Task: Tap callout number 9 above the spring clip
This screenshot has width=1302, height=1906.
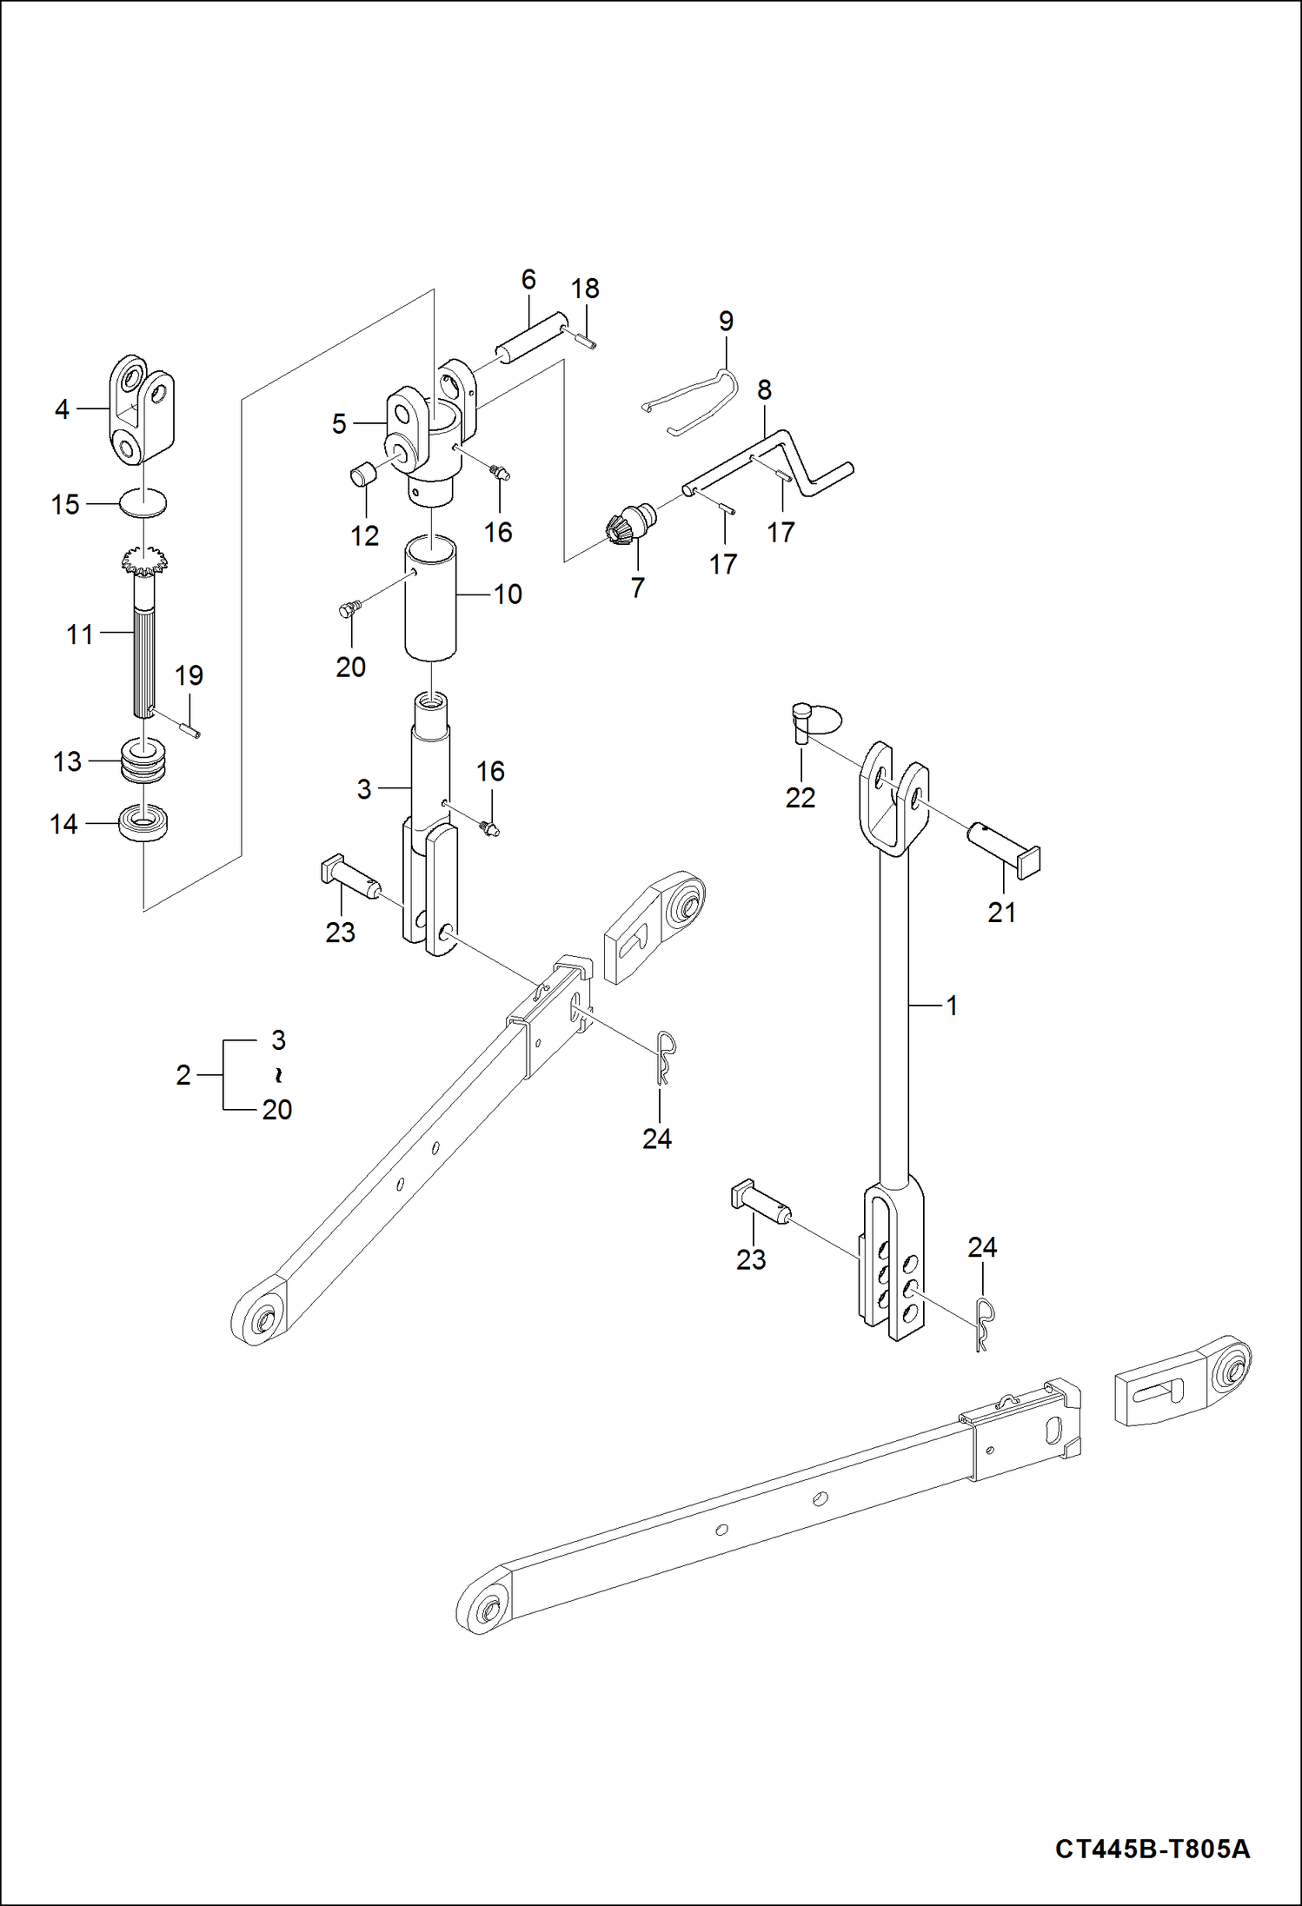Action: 726,322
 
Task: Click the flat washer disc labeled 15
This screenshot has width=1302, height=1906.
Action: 143,502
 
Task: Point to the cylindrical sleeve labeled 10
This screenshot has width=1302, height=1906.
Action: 430,600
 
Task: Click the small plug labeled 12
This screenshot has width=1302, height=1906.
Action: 361,475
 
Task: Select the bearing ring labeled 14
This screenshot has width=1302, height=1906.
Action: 143,822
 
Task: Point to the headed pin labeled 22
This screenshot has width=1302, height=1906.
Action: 801,723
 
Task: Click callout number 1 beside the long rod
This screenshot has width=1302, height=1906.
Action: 952,1006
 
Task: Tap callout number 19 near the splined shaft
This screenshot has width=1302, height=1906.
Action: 189,675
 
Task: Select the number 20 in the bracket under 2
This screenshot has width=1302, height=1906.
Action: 277,1109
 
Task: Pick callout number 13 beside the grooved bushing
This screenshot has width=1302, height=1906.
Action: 67,761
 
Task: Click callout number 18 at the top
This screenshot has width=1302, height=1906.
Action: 585,289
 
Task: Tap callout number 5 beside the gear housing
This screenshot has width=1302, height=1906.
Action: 339,424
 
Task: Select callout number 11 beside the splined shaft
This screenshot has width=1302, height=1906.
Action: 80,634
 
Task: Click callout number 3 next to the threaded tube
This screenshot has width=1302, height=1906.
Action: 364,789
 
